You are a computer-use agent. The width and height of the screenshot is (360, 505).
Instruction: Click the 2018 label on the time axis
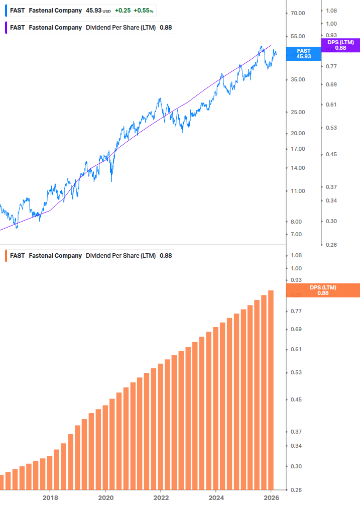(x=50, y=497)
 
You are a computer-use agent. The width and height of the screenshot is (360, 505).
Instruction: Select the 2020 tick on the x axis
(x=105, y=497)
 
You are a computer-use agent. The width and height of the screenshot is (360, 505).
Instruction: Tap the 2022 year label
(x=161, y=497)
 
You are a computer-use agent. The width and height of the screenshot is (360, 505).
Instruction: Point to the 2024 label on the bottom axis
(x=216, y=497)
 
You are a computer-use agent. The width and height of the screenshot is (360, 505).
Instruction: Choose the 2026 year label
(x=271, y=497)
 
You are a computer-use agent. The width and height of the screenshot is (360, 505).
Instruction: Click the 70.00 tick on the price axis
(x=298, y=13)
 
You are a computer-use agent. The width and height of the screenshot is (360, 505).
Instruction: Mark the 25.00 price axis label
(x=298, y=112)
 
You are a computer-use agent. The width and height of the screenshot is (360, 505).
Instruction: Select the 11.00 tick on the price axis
(x=298, y=191)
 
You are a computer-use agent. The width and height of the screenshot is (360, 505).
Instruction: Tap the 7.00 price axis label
(x=297, y=234)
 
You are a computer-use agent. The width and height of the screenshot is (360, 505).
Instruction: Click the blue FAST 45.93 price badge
(x=303, y=54)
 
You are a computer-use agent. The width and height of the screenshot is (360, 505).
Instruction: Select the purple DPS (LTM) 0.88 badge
(x=340, y=45)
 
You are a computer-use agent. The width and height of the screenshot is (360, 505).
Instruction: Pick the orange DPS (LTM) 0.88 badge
(x=323, y=290)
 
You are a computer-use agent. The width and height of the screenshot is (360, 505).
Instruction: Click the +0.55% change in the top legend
(x=144, y=11)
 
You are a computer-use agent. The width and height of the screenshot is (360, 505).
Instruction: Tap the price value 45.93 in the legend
(x=93, y=11)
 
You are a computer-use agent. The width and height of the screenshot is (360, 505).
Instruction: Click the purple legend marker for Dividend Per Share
(x=6, y=28)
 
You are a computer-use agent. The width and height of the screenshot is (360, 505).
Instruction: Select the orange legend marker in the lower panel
(x=6, y=256)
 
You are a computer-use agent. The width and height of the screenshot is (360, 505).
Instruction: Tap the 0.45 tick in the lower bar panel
(x=296, y=400)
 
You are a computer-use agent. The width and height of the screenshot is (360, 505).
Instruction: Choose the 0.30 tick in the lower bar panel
(x=296, y=466)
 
